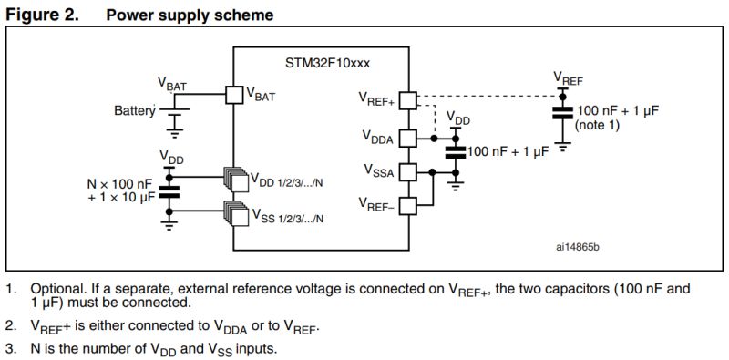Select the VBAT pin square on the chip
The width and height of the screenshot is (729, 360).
pyautogui.click(x=233, y=93)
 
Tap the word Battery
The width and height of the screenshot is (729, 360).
pyautogui.click(x=134, y=110)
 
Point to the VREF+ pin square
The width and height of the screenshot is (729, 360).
pyautogui.click(x=408, y=97)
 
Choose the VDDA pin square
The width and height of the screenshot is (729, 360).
pyautogui.click(x=408, y=138)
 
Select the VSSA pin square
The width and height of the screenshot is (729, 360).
pyautogui.click(x=408, y=171)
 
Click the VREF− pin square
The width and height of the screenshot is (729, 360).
pyautogui.click(x=408, y=205)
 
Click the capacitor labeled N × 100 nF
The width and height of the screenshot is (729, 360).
pyautogui.click(x=169, y=191)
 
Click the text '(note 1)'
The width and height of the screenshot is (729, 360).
pyautogui.click(x=598, y=126)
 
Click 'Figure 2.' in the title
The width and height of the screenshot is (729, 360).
pyautogui.click(x=43, y=15)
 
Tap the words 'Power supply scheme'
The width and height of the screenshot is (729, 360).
pyautogui.click(x=190, y=15)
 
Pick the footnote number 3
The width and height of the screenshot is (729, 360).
pyautogui.click(x=10, y=348)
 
